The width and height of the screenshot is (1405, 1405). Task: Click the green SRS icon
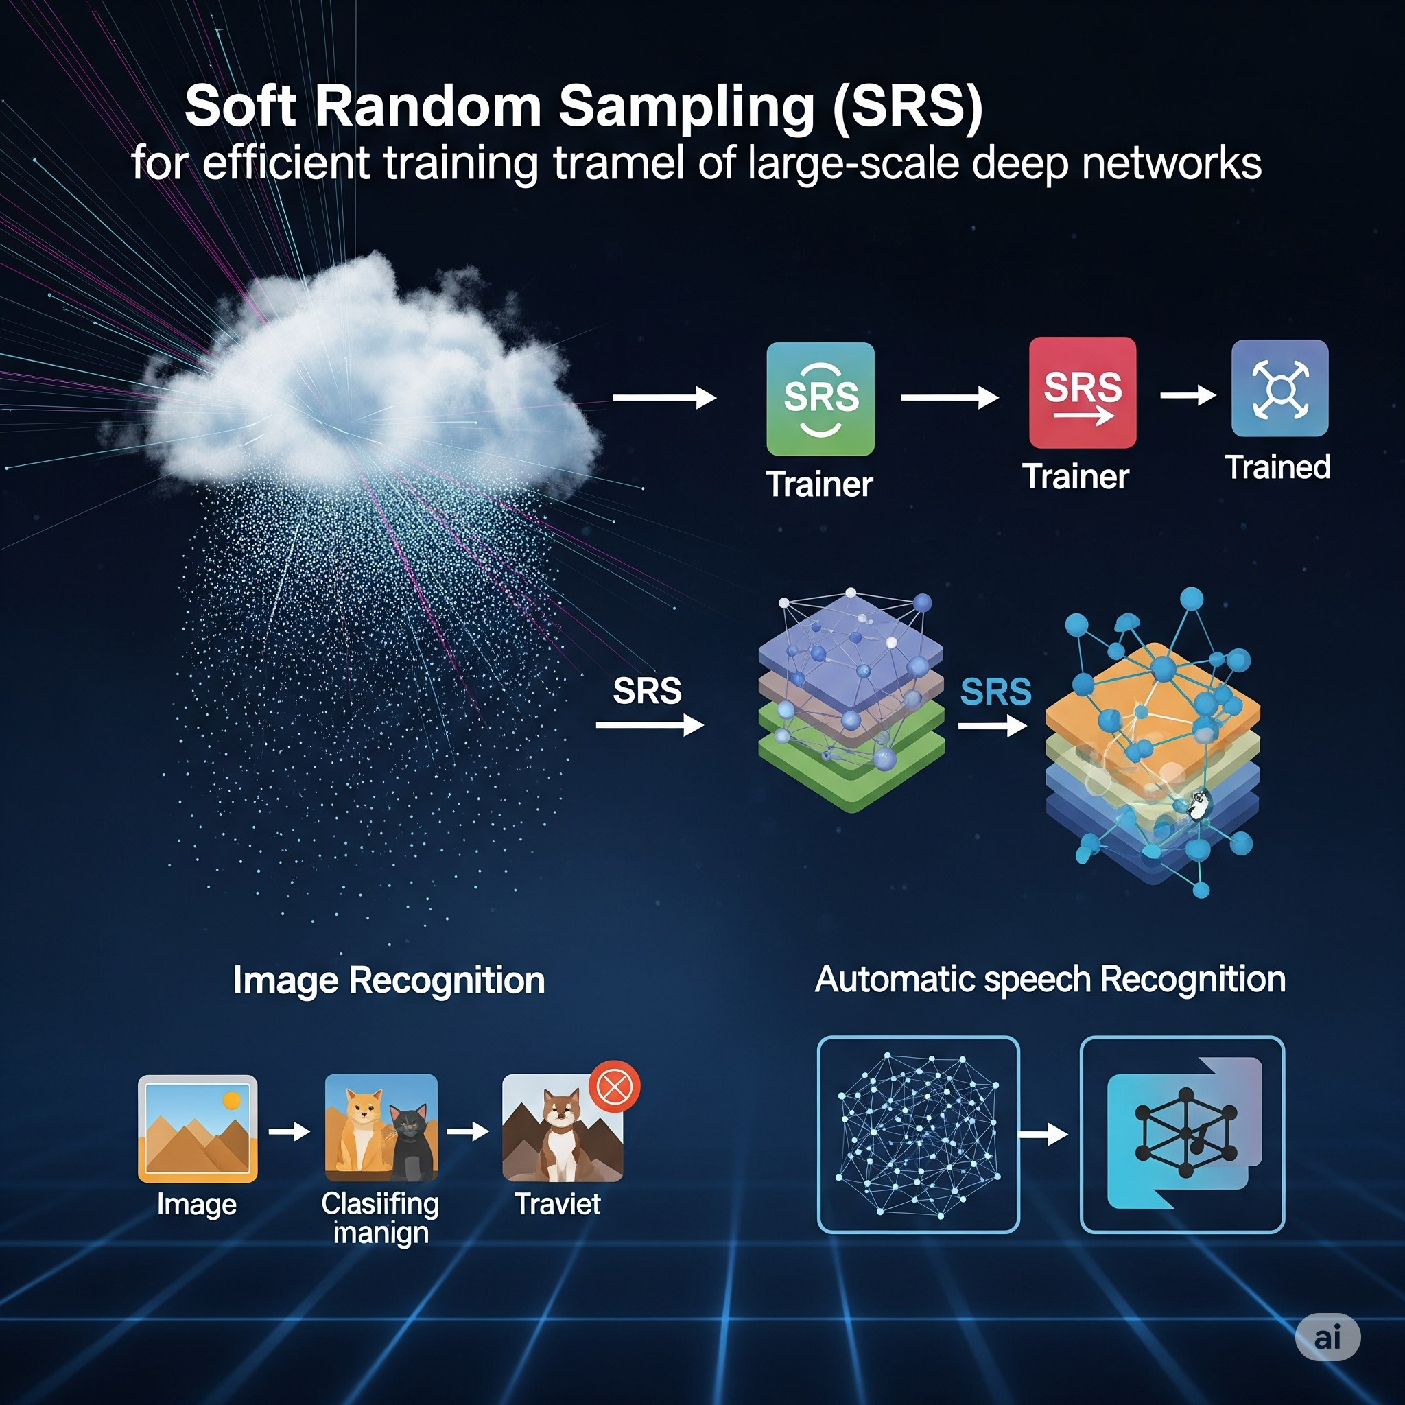tap(820, 399)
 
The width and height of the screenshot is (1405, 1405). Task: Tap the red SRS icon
tap(1082, 392)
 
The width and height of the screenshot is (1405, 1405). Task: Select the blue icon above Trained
tap(1280, 388)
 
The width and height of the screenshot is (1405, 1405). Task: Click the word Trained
tap(1277, 467)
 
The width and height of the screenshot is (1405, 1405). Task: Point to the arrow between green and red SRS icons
tap(949, 398)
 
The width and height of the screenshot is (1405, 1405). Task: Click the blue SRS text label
tap(995, 692)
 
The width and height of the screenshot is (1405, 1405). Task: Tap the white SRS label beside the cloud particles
tap(647, 690)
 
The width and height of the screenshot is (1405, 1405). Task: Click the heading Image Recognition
tap(388, 980)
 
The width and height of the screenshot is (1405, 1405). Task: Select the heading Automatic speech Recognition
tap(1050, 980)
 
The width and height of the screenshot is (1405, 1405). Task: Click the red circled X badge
tap(615, 1087)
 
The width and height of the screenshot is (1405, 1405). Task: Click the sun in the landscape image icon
tap(232, 1100)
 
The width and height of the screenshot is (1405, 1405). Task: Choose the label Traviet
tap(558, 1203)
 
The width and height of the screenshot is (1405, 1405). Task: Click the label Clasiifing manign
tap(380, 1218)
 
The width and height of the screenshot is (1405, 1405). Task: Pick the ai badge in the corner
tap(1328, 1336)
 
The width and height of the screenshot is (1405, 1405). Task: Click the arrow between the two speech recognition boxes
tap(1043, 1134)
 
